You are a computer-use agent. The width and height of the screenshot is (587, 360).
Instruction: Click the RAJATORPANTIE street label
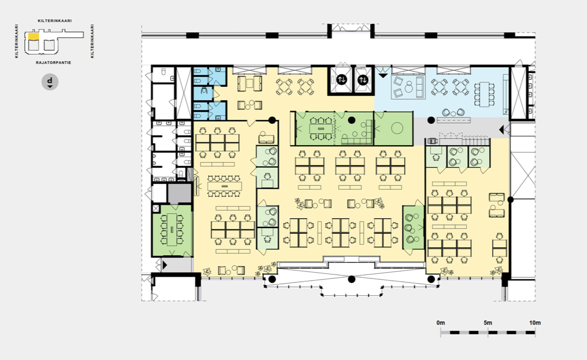click(x=54, y=63)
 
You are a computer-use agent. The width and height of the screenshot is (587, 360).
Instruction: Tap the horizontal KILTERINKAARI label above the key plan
click(x=55, y=21)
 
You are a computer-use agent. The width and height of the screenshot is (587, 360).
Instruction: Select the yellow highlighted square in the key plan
click(x=34, y=36)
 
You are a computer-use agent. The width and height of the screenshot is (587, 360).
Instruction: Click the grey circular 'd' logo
click(x=50, y=82)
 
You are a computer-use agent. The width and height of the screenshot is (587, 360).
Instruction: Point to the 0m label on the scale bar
click(x=441, y=322)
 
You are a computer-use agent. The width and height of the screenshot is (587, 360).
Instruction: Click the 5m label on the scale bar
click(x=488, y=322)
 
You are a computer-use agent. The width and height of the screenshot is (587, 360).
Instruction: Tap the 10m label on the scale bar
click(x=535, y=322)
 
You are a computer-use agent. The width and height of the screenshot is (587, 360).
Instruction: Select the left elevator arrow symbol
click(x=341, y=79)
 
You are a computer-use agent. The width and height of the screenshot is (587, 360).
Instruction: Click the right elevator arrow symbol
click(x=363, y=79)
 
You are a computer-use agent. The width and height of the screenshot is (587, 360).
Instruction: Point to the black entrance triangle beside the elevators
click(x=383, y=76)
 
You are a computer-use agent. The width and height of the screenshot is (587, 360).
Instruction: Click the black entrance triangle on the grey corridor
click(x=501, y=130)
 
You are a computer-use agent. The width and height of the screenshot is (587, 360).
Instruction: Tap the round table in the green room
click(x=397, y=128)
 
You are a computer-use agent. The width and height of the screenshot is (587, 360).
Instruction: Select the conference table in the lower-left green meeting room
click(x=172, y=229)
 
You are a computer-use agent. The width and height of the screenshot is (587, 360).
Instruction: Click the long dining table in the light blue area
click(x=485, y=94)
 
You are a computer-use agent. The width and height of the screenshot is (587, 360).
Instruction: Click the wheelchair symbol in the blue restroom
click(x=204, y=91)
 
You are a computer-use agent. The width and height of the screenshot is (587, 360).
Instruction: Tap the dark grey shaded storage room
click(x=180, y=193)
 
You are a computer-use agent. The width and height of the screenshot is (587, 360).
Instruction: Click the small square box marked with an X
click(x=156, y=208)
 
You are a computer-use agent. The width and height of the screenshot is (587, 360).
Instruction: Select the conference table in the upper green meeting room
click(x=321, y=128)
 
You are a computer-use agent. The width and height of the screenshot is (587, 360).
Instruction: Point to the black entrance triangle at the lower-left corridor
click(x=165, y=265)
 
